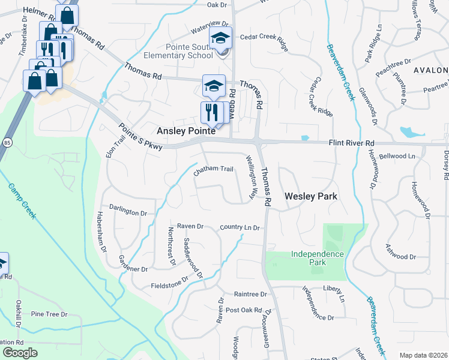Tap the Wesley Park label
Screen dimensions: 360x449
pyautogui.click(x=310, y=196)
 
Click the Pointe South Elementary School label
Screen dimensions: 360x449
pyautogui.click(x=190, y=50)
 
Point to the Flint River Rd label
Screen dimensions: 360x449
pyautogui.click(x=351, y=143)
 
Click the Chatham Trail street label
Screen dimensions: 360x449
pyautogui.click(x=213, y=170)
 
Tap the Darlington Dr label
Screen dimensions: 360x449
pyautogui.click(x=128, y=212)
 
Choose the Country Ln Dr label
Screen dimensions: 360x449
pyautogui.click(x=240, y=228)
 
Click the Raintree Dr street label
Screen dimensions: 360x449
pyautogui.click(x=250, y=294)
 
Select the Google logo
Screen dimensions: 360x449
pyautogui.click(x=20, y=353)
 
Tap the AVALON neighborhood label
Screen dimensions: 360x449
pyautogui.click(x=430, y=70)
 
